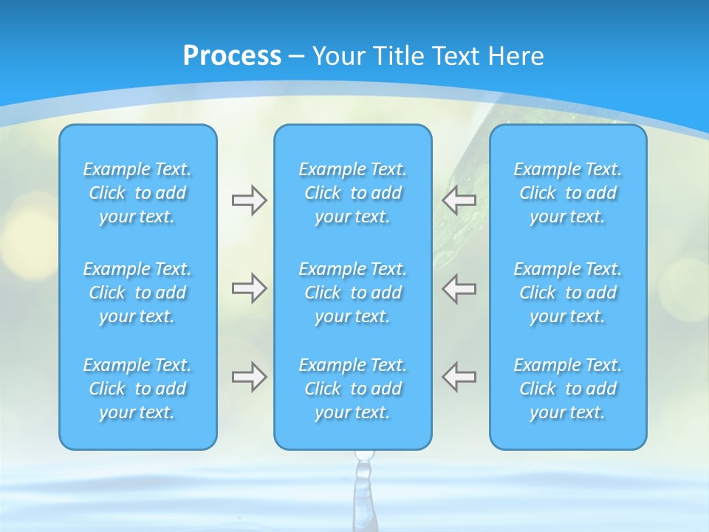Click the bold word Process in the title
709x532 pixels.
pos(232,56)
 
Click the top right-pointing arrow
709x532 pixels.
pos(249,200)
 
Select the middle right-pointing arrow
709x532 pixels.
pos(249,288)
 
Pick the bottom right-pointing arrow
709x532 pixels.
pos(249,377)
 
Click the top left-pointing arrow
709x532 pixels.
pos(459,200)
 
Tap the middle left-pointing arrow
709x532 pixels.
pos(459,288)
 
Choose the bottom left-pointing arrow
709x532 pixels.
pos(459,377)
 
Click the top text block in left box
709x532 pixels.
pos(137,193)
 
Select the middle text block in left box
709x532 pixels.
pos(137,293)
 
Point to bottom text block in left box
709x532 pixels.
pos(137,389)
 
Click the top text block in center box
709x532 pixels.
pos(352,193)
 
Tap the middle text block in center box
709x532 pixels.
pos(352,293)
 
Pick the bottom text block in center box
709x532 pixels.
pos(352,389)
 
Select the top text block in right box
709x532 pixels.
pos(567,193)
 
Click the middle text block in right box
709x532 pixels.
pos(567,293)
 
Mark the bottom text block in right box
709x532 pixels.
pos(567,389)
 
